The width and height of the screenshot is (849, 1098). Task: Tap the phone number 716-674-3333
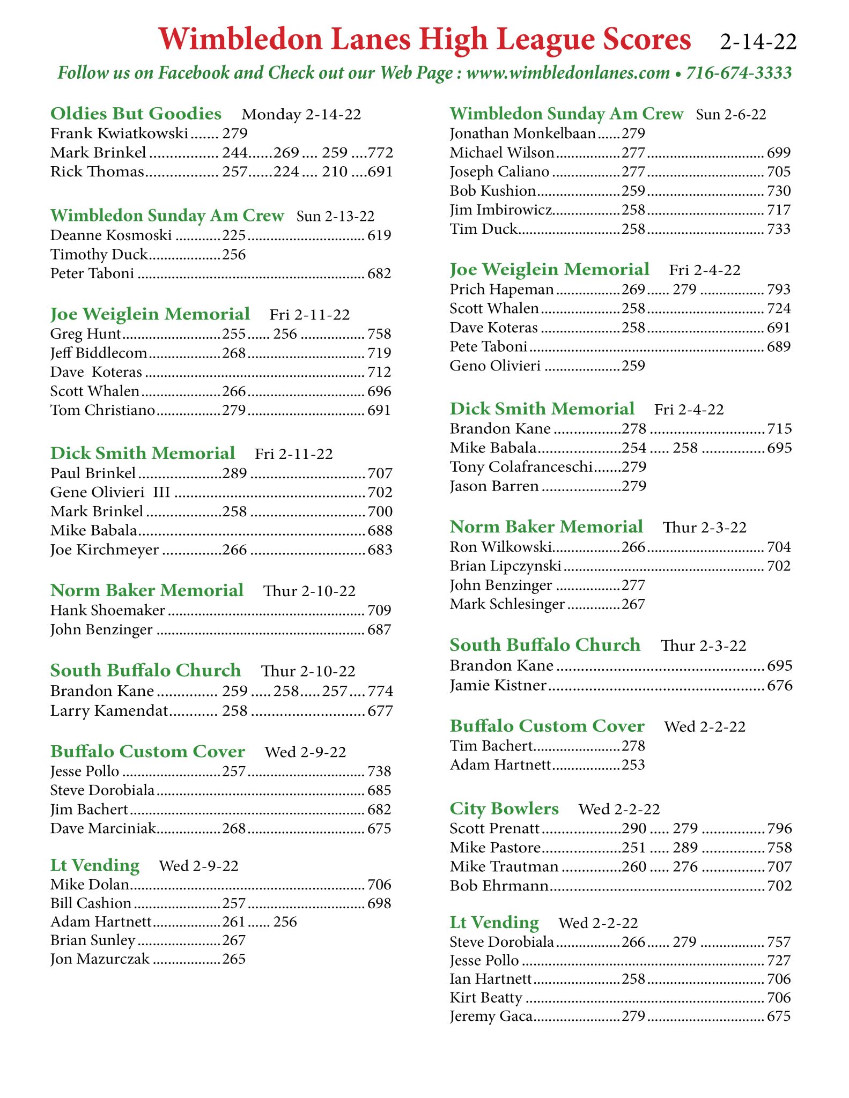click(739, 73)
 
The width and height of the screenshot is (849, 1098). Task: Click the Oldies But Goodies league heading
click(136, 114)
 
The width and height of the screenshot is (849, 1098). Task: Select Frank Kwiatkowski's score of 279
click(234, 133)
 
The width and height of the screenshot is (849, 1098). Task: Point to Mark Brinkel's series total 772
click(380, 153)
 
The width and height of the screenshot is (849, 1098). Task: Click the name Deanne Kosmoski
click(111, 235)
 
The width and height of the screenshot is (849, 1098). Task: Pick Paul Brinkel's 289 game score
click(234, 473)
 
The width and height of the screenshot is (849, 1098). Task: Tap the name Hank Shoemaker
click(108, 610)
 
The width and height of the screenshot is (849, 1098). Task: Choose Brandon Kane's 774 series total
click(380, 691)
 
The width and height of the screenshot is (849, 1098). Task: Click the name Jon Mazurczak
click(100, 959)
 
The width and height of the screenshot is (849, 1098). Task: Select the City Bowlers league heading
click(504, 808)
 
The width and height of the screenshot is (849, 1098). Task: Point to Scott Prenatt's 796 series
click(779, 828)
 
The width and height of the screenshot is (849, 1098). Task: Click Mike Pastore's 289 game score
click(685, 848)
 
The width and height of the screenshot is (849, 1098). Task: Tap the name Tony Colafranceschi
click(521, 467)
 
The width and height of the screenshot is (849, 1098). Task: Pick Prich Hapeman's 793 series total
click(779, 290)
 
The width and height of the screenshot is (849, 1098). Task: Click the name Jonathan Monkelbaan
click(523, 133)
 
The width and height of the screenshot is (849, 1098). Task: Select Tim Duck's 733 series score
click(779, 229)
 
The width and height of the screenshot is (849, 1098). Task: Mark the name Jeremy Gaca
click(491, 1017)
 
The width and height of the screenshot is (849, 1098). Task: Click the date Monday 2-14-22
click(301, 115)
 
